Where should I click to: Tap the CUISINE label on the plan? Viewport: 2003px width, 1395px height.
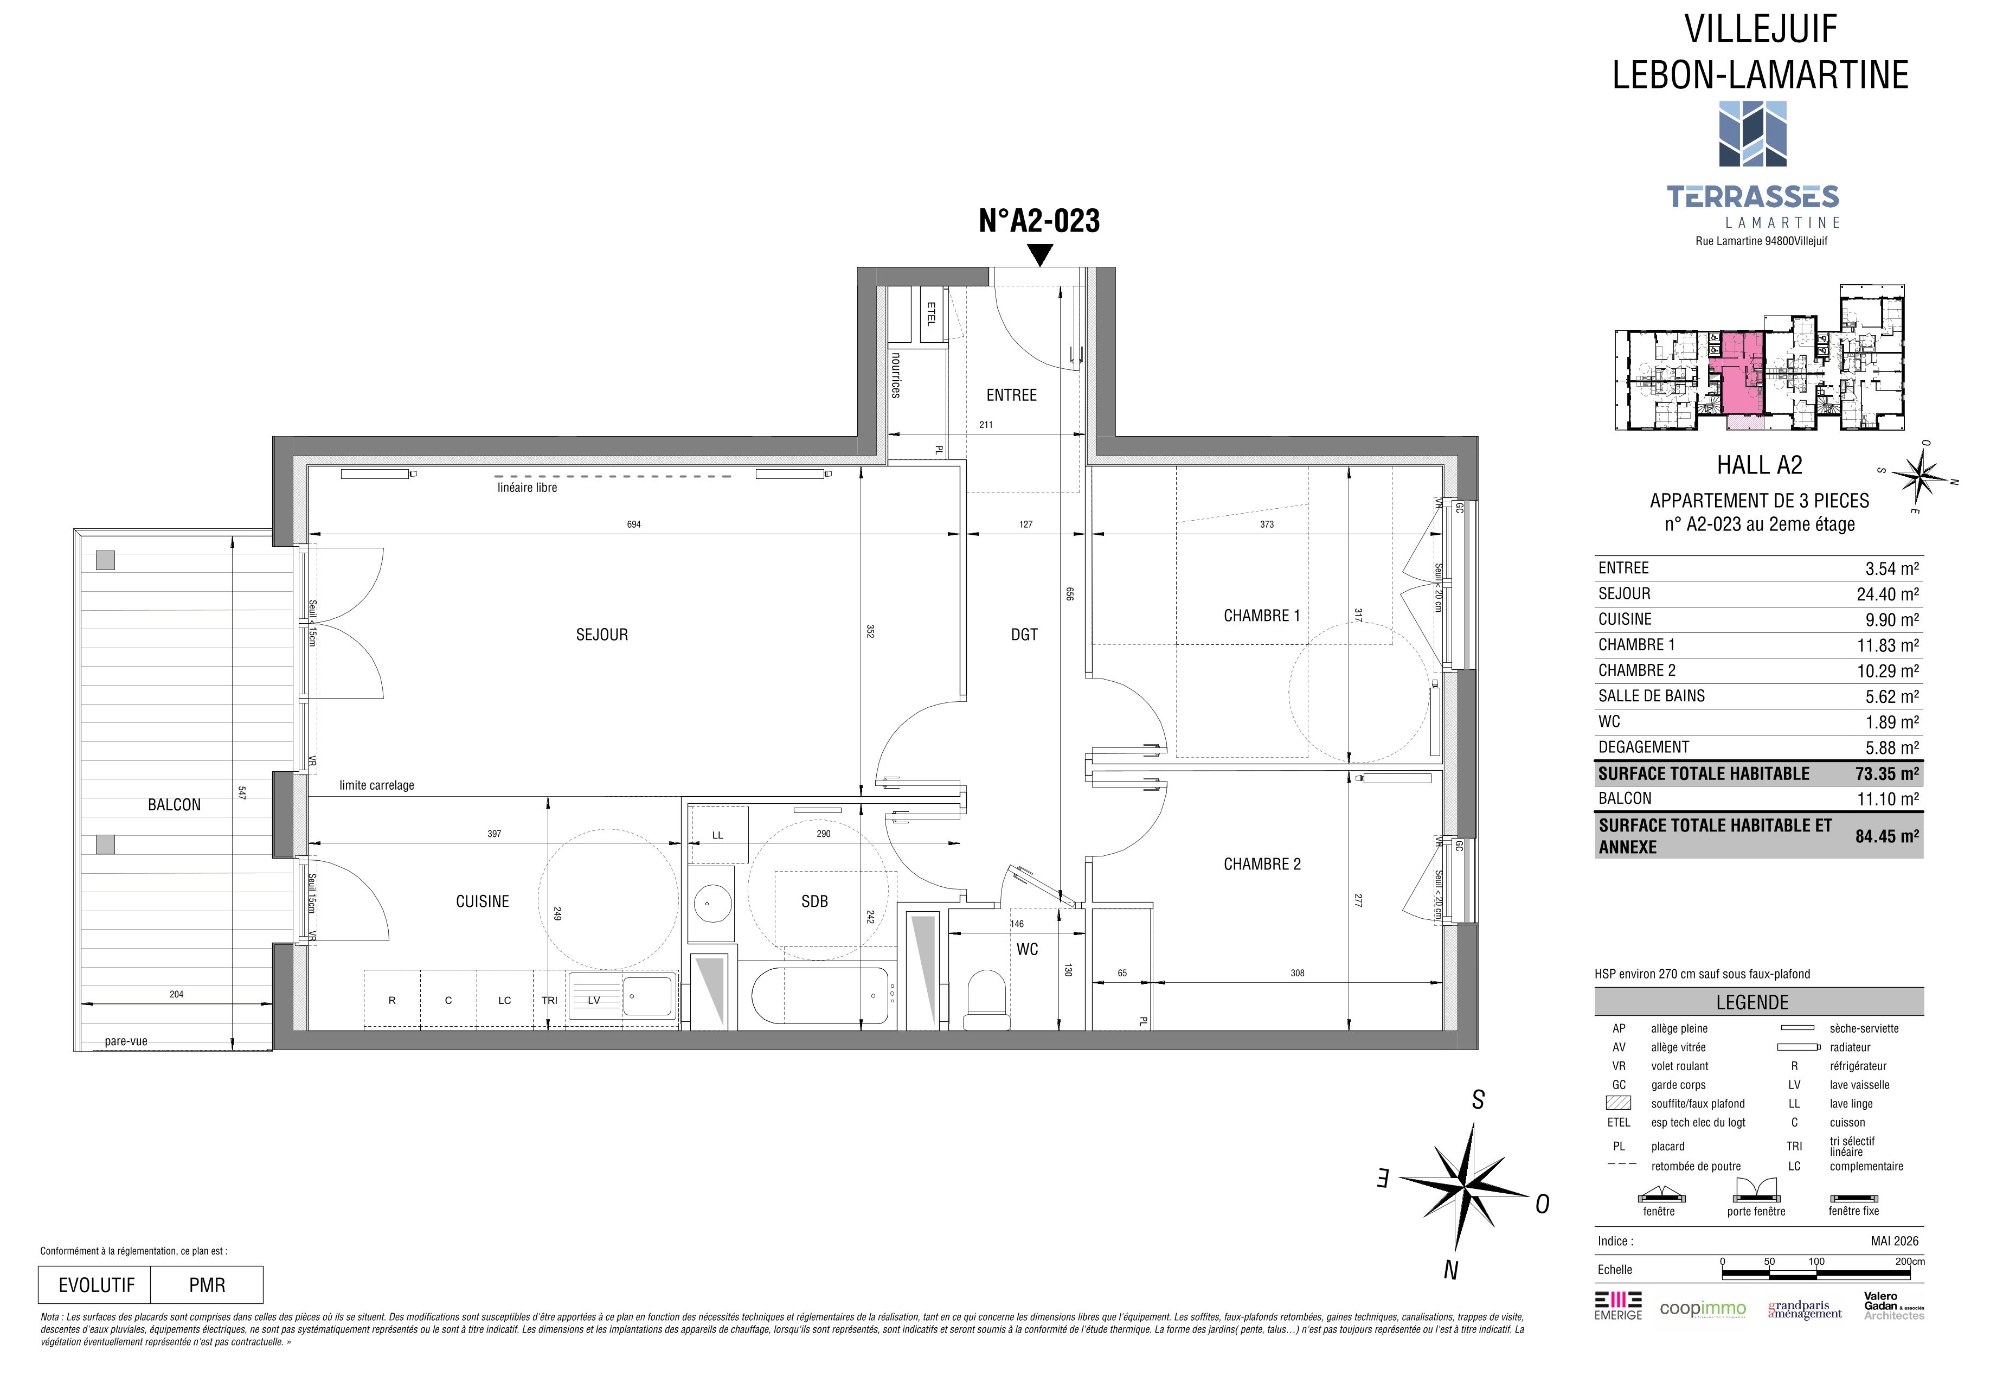[483, 902]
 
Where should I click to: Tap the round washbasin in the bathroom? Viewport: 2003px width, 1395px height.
[711, 903]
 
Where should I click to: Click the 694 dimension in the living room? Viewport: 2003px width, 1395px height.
[634, 524]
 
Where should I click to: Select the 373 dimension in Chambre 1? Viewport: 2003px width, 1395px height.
[1267, 524]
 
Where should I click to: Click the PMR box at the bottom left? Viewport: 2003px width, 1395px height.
[207, 1285]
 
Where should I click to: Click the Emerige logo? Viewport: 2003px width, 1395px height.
[1618, 1304]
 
